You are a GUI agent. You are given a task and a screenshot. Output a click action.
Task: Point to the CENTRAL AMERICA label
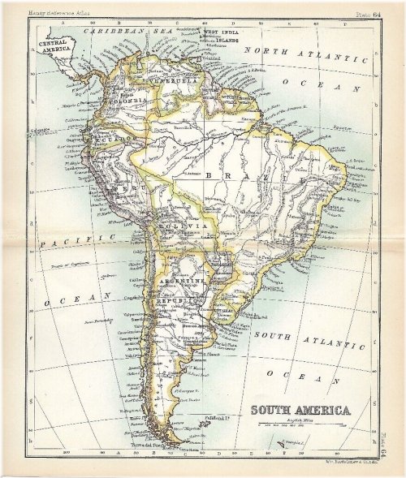pos(56,45)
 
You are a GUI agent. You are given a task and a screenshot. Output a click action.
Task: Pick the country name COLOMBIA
pos(134,99)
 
